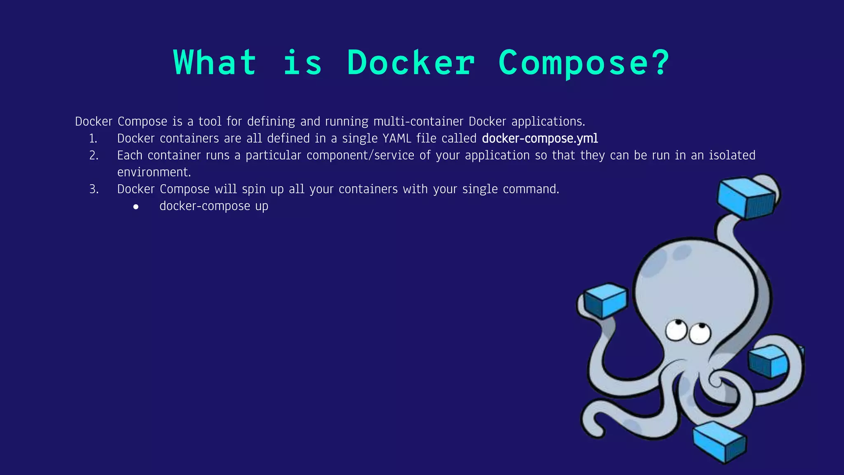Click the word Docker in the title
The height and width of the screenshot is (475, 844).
[x=411, y=63]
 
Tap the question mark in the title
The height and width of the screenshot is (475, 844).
[x=660, y=63]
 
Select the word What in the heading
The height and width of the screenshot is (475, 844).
[x=215, y=63]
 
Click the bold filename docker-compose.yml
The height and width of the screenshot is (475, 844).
[x=540, y=139]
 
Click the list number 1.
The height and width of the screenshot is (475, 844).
[x=93, y=139]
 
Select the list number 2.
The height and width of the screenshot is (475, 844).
[x=94, y=155]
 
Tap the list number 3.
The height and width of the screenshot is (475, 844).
[x=94, y=189]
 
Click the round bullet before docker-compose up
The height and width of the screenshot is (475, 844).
[x=136, y=207]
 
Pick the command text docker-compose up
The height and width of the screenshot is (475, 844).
[x=213, y=206]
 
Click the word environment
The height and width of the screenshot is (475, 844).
[x=154, y=172]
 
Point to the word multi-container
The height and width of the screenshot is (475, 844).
[x=418, y=122]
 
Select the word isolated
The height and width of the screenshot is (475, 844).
[x=732, y=155]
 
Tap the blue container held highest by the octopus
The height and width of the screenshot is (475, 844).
[x=746, y=197]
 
